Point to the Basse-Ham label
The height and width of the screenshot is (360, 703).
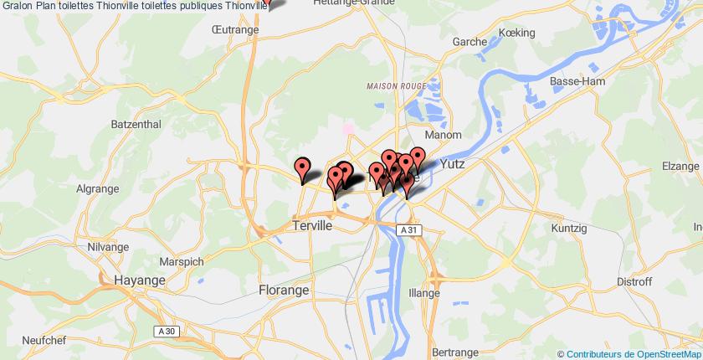[572, 81]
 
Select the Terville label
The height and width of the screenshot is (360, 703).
[313, 226]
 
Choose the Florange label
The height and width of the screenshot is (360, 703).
[282, 290]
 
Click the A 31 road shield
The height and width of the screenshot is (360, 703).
[408, 230]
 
